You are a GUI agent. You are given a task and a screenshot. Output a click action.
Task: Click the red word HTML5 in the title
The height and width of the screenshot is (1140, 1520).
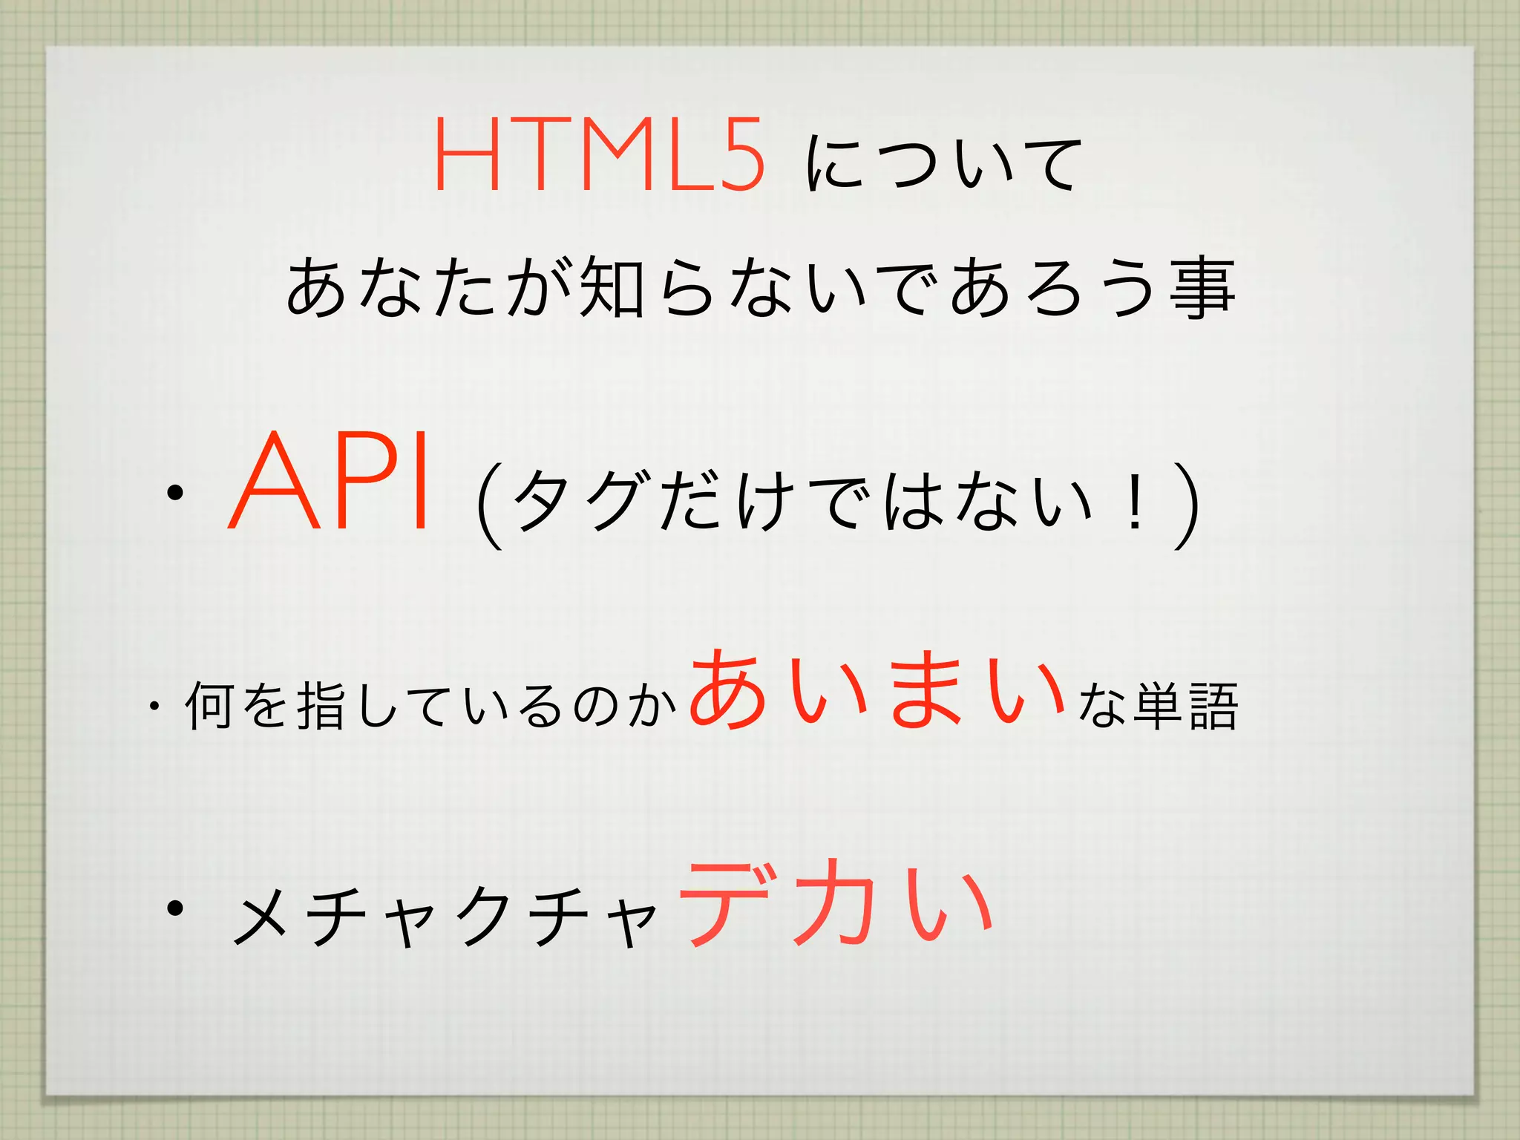598,155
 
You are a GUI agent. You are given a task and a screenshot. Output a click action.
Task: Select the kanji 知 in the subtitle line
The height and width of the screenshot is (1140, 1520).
610,288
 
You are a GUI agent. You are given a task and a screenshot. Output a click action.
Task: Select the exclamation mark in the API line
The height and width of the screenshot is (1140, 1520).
1133,505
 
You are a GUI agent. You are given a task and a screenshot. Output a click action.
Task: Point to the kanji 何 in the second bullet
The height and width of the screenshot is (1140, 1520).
211,706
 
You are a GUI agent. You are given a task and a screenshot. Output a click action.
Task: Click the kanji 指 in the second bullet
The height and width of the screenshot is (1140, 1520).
321,706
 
